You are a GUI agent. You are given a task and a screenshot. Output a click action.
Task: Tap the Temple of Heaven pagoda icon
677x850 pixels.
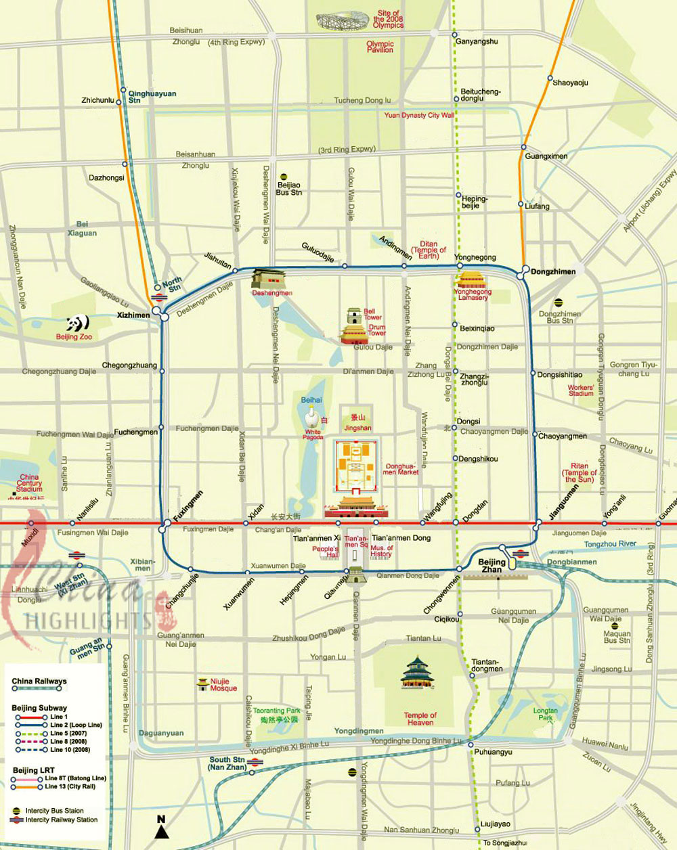(416, 673)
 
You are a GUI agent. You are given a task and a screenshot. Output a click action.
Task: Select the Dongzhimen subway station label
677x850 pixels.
(553, 272)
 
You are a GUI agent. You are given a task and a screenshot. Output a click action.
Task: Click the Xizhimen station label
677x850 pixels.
(133, 315)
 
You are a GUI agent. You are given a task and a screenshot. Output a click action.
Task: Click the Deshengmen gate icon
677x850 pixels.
(269, 278)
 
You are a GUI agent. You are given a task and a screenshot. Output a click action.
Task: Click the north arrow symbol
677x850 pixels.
(161, 828)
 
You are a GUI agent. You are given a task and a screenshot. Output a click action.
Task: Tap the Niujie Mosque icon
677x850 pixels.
(202, 685)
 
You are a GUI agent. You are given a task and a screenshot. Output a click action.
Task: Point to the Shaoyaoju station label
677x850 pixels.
(570, 83)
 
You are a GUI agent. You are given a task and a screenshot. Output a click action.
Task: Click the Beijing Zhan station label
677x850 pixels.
(492, 566)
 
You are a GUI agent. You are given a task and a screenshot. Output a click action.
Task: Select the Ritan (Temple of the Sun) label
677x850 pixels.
(580, 472)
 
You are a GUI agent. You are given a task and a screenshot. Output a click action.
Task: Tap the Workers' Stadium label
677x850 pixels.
(581, 390)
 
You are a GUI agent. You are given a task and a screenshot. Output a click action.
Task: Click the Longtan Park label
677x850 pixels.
(545, 714)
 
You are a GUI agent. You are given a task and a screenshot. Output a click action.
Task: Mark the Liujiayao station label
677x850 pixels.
(496, 824)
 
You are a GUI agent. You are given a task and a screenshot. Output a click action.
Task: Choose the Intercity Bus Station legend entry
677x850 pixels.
(54, 810)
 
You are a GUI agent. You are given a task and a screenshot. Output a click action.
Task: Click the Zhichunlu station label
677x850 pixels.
(97, 100)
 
